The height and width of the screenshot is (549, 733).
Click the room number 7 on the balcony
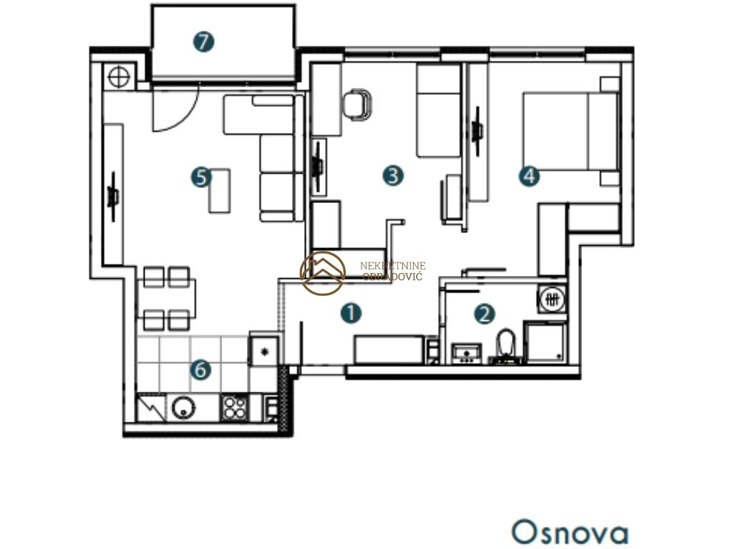(204, 42)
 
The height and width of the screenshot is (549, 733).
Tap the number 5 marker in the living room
(201, 177)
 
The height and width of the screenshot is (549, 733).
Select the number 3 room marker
(393, 176)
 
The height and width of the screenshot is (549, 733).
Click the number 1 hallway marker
(351, 313)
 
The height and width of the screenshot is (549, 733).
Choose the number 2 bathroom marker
(485, 314)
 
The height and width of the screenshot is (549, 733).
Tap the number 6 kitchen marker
(201, 370)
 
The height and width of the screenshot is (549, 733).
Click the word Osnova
(570, 532)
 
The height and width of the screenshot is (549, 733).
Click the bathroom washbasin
(467, 353)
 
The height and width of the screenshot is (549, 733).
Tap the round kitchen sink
(183, 407)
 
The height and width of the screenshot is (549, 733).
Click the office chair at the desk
(358, 104)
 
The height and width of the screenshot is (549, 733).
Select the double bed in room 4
(571, 132)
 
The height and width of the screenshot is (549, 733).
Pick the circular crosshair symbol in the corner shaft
(119, 76)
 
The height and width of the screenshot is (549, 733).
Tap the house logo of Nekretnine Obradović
(323, 272)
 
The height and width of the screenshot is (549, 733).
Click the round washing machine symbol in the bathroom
(553, 299)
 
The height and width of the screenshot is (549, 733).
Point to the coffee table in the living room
(220, 190)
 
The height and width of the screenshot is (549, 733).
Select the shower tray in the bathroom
(545, 342)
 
